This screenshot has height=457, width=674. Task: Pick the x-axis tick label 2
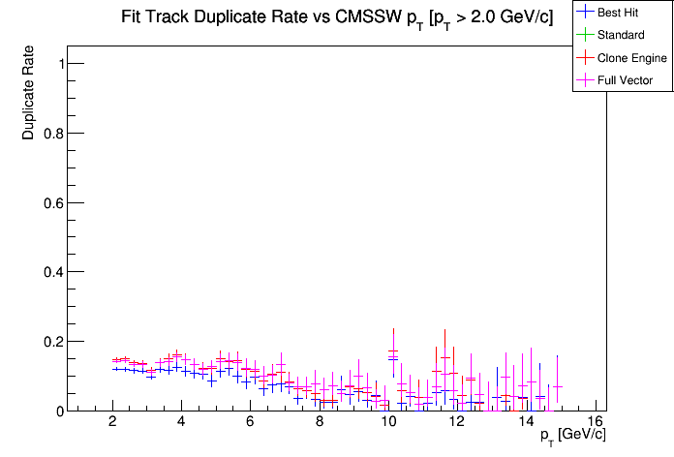click(112, 422)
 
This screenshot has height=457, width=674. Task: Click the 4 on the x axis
click(181, 422)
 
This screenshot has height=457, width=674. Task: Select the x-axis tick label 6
click(250, 422)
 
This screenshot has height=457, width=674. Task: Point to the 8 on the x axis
click(320, 422)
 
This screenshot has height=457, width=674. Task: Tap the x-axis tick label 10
click(388, 422)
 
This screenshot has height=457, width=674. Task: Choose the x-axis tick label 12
click(457, 422)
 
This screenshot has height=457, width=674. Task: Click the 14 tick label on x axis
click(526, 422)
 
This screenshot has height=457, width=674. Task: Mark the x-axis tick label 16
click(595, 422)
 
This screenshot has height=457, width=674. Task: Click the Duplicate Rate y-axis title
click(29, 93)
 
